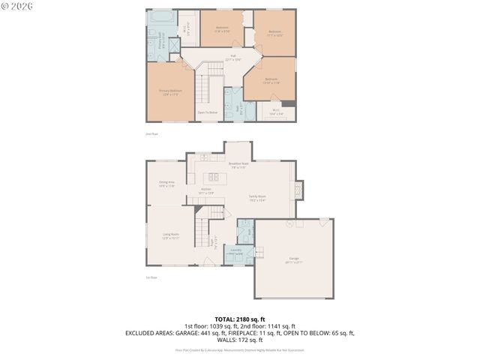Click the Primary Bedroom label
point(170,92)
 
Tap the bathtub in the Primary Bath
point(160,16)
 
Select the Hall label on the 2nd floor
point(232,57)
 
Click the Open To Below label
point(208,112)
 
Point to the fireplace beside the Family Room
point(298,190)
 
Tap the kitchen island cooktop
point(214,177)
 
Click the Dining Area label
point(166,184)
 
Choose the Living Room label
point(171,235)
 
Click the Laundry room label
point(235,251)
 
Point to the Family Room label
point(258,198)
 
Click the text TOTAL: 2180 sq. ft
point(239,319)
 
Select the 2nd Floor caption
point(152,133)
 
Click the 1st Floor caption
point(152,277)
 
